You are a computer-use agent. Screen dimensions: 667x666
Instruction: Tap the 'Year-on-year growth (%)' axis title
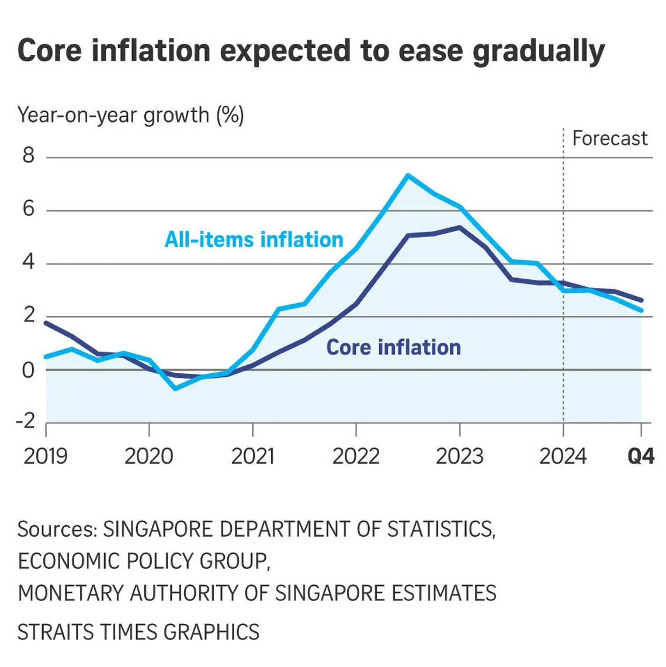point(130,115)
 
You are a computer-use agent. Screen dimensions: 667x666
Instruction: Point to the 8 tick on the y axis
point(29,156)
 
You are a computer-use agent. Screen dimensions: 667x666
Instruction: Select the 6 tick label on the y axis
point(29,209)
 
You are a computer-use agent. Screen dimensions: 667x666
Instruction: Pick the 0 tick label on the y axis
point(29,370)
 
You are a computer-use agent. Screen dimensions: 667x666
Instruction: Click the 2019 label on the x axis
point(46,456)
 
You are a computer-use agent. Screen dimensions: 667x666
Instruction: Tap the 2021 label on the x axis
point(252,456)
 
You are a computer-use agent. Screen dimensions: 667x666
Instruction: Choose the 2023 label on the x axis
point(459,456)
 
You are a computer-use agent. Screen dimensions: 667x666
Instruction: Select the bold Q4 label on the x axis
point(641,456)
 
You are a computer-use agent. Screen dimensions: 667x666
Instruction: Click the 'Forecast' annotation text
point(609,138)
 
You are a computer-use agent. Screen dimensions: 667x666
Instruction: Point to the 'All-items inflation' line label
point(254,239)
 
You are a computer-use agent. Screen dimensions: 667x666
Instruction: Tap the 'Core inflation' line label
point(393,347)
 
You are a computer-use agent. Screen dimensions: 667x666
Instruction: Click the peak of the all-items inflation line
point(407,175)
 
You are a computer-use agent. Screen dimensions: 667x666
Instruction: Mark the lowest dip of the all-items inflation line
point(175,388)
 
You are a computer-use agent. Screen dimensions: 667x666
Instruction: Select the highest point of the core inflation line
point(460,227)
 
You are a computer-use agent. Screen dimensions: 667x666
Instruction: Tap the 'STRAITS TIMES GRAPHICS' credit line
point(138,632)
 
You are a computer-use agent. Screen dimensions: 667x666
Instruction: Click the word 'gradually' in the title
point(538,51)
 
